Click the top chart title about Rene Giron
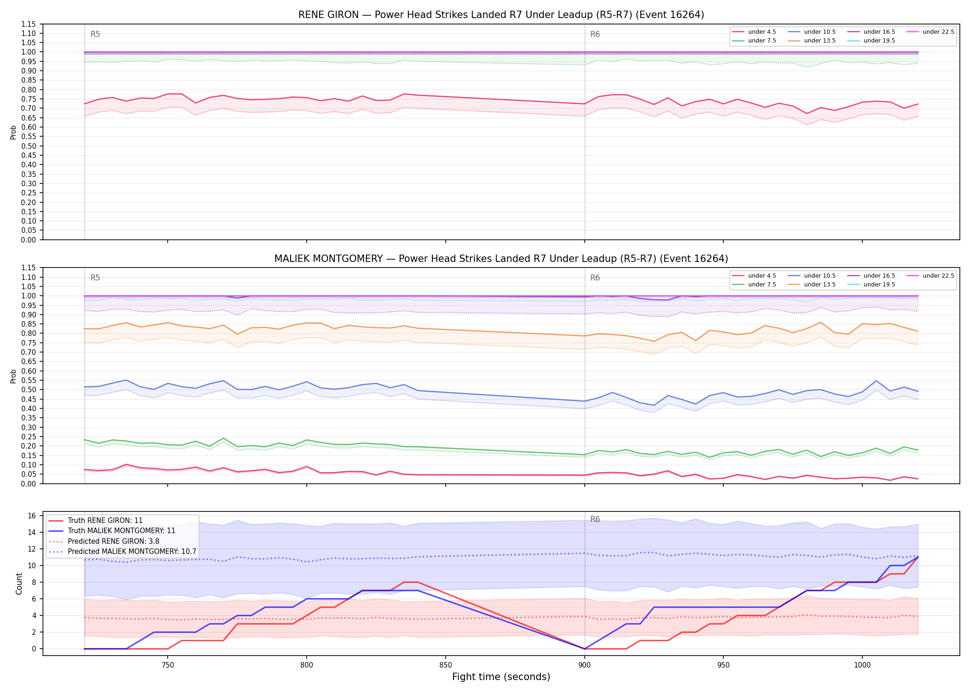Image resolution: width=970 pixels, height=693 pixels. pyautogui.click(x=501, y=15)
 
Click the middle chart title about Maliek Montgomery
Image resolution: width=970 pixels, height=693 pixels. pyautogui.click(x=501, y=259)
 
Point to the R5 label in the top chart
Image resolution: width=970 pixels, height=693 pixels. pyautogui.click(x=95, y=34)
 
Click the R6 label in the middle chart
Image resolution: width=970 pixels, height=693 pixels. pyautogui.click(x=595, y=278)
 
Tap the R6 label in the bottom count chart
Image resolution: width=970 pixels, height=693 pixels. pyautogui.click(x=595, y=519)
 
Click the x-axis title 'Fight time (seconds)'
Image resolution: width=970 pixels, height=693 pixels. pyautogui.click(x=501, y=677)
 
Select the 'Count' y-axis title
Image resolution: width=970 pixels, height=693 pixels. pyautogui.click(x=19, y=584)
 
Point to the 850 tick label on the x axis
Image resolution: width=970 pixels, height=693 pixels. pyautogui.click(x=445, y=665)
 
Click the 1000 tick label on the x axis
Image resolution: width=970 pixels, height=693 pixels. pyautogui.click(x=862, y=665)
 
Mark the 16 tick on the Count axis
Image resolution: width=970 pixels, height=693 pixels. pyautogui.click(x=32, y=516)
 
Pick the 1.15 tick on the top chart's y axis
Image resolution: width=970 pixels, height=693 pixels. pyautogui.click(x=29, y=24)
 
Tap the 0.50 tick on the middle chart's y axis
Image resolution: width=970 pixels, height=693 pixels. pyautogui.click(x=29, y=389)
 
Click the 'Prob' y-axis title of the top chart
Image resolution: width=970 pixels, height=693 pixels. pyautogui.click(x=13, y=132)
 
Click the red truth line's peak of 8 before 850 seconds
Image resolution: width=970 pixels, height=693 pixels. pyautogui.click(x=411, y=582)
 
